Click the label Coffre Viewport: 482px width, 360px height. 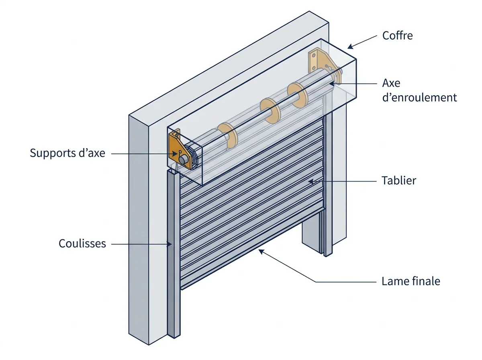pos(397,36)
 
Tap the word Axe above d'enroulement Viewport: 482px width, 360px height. pos(391,83)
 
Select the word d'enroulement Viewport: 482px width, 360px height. pos(419,98)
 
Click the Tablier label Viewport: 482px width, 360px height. pos(398,180)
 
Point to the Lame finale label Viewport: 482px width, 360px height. pos(411,281)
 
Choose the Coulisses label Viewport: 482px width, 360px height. pos(82,243)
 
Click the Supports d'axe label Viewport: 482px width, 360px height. pos(67,153)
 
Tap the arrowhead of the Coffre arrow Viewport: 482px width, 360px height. pos(350,47)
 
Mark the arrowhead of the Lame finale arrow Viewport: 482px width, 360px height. pos(261,252)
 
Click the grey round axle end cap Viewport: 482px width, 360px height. pos(183,160)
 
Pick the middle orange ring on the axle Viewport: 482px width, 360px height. pos(271,111)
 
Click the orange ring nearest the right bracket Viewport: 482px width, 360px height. pos(298,95)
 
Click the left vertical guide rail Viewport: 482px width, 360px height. pos(174,253)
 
